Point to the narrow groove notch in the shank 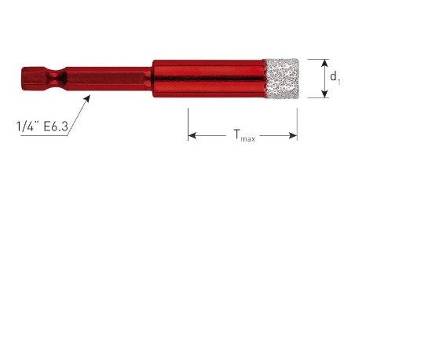tap(54, 79)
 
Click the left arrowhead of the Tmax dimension tap(192, 136)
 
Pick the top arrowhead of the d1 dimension tap(324, 62)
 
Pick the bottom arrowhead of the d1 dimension tap(324, 94)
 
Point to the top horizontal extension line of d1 tap(314, 58)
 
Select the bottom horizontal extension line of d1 tap(314, 98)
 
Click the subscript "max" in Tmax tap(248, 139)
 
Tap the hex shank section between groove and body tap(110, 79)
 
